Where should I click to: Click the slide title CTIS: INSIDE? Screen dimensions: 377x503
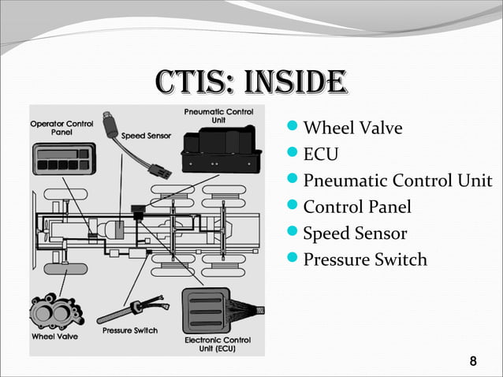coord(251,80)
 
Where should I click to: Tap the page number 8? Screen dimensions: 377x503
coord(472,362)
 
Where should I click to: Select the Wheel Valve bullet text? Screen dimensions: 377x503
coord(352,127)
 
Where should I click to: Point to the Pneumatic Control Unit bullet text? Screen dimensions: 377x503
coord(397,181)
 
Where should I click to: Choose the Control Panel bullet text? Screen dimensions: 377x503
coord(357,207)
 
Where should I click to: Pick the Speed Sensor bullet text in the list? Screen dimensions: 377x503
coord(355,233)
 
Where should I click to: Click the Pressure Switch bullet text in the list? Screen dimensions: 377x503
coord(365,259)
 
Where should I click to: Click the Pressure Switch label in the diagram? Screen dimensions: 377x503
coord(130,330)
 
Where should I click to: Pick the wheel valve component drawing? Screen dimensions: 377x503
coord(54,310)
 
